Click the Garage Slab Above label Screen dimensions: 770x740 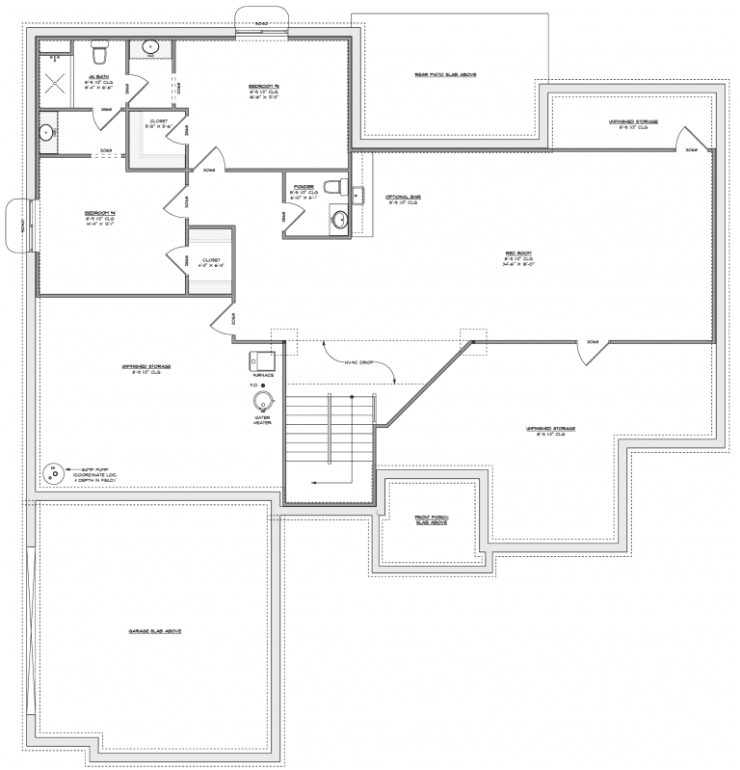155,631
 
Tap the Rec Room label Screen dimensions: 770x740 519,258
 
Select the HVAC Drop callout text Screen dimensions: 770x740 362,363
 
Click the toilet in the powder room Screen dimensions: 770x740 333,185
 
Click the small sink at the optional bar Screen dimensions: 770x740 358,197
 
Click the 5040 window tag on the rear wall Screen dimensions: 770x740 260,21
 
